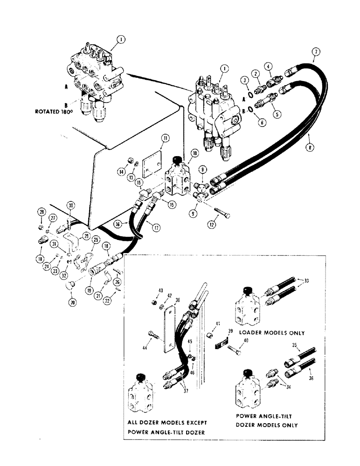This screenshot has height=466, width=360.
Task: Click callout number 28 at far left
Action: (42, 213)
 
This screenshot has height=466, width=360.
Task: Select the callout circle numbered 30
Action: (70, 206)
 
